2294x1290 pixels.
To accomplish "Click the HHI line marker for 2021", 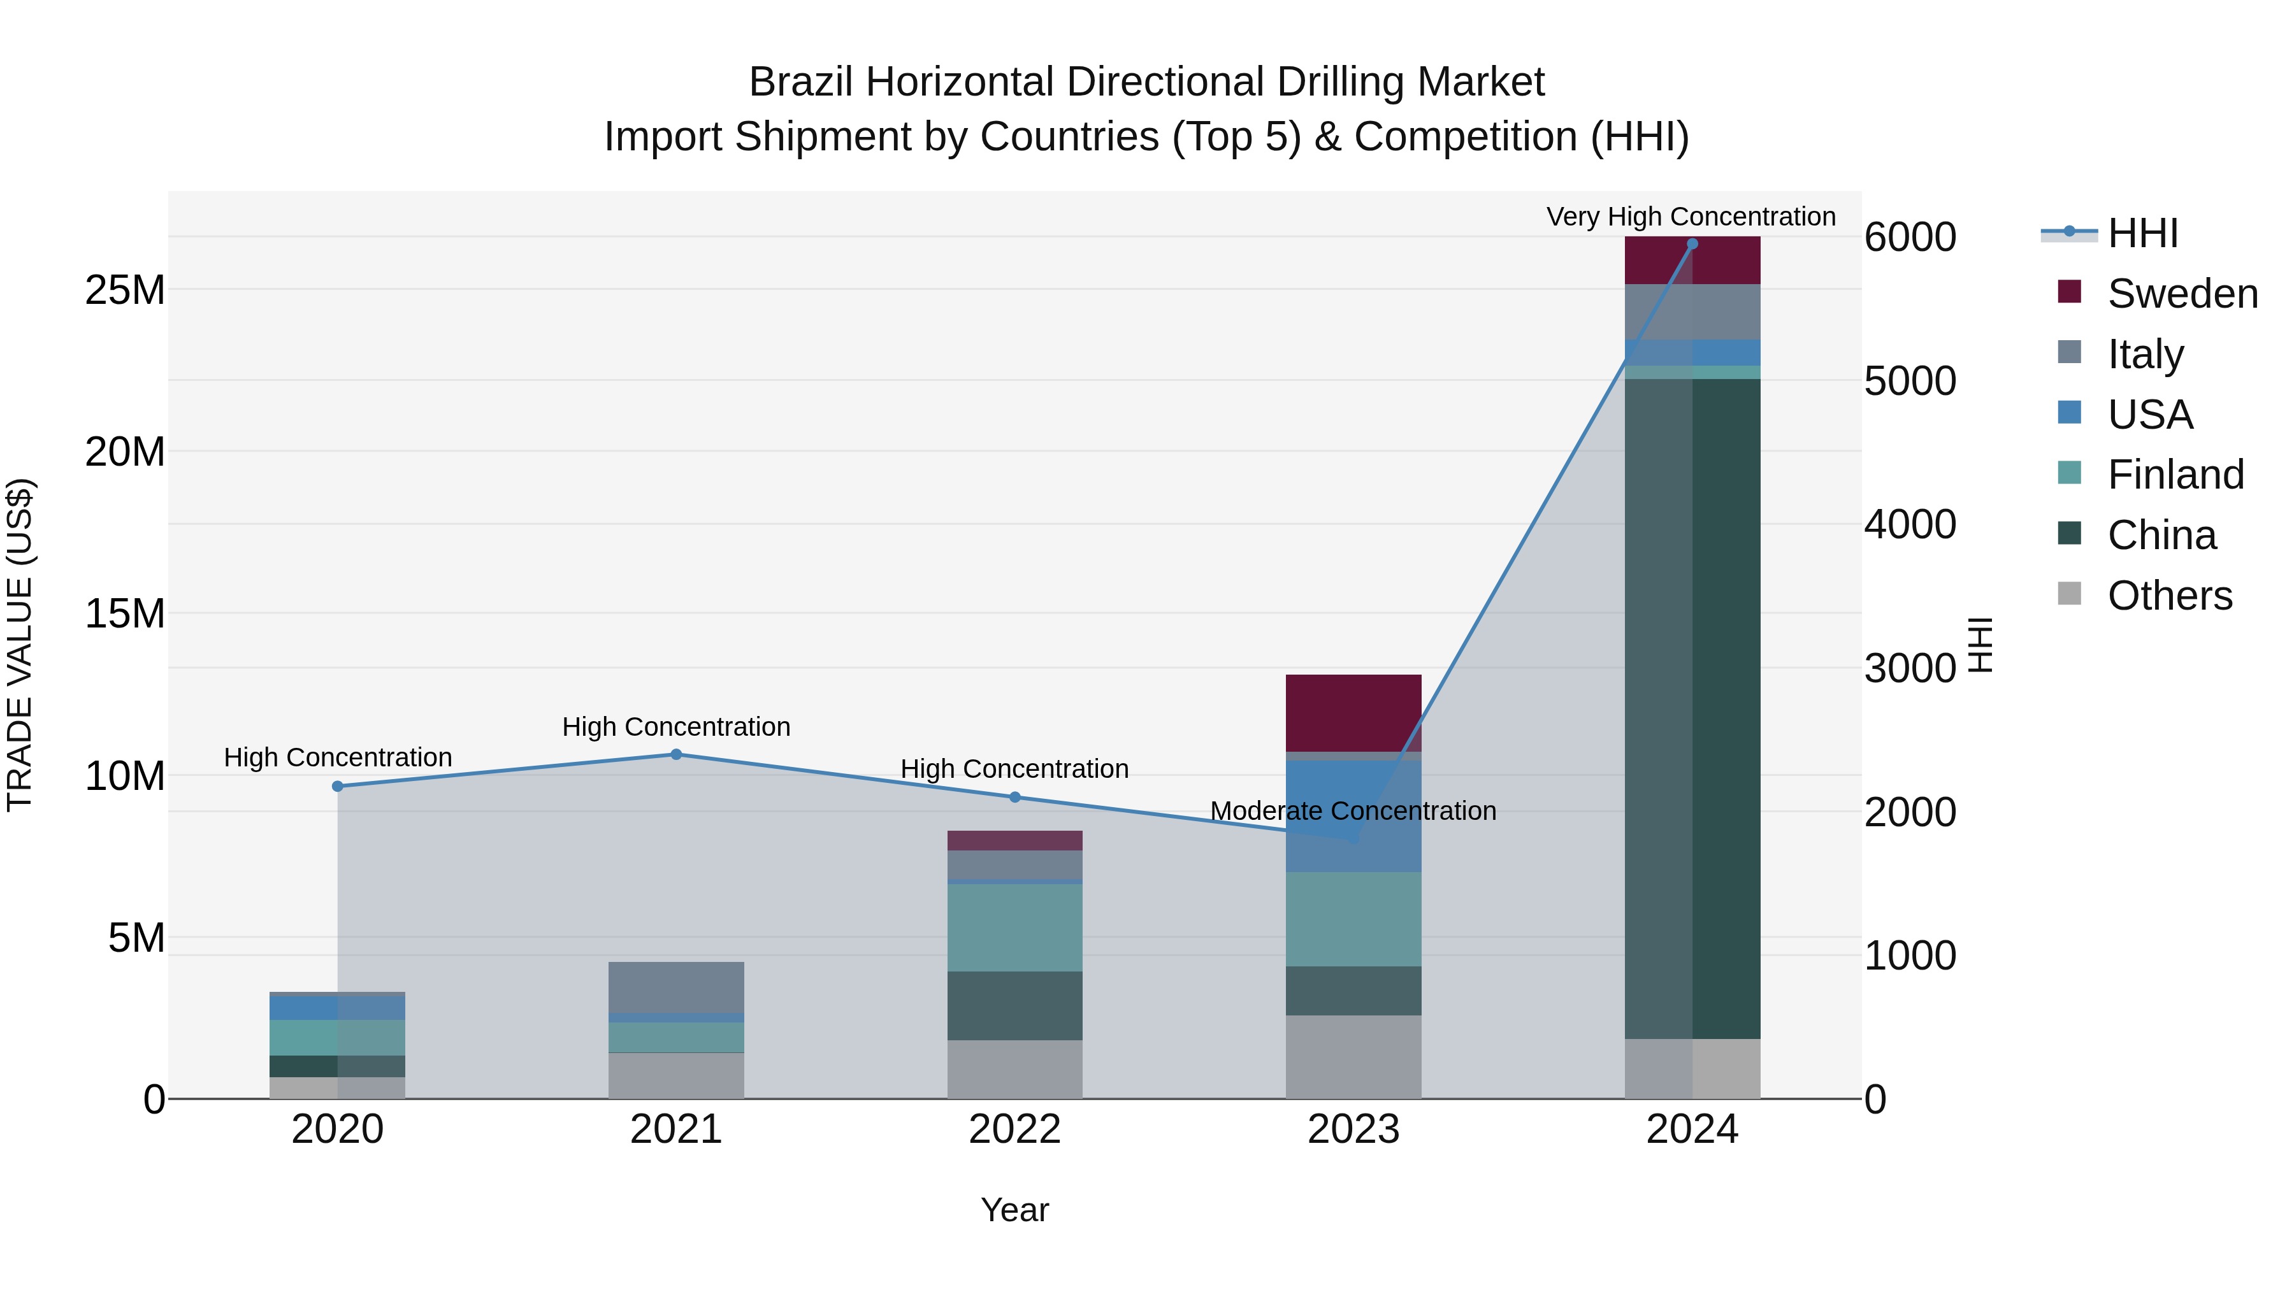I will [676, 754].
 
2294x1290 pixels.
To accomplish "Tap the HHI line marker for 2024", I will [1692, 244].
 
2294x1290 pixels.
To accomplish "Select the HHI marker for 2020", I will [338, 786].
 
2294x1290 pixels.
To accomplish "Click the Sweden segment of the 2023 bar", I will [1353, 712].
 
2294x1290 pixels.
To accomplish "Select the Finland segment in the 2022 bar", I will [1014, 927].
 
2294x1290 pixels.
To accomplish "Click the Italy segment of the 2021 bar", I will [676, 986].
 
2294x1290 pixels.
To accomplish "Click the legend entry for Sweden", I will [2182, 294].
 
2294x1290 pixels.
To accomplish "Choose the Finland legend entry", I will [2175, 475].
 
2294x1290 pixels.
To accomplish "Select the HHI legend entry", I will [2142, 233].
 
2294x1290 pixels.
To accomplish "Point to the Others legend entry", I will [2169, 596].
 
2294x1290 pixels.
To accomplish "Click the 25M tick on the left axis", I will [125, 290].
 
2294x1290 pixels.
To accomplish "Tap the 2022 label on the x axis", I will [1014, 1129].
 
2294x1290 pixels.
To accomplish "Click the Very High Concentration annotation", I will [1690, 217].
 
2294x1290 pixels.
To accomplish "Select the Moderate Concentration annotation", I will [1353, 811].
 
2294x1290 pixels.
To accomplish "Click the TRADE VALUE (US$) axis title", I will [20, 645].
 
